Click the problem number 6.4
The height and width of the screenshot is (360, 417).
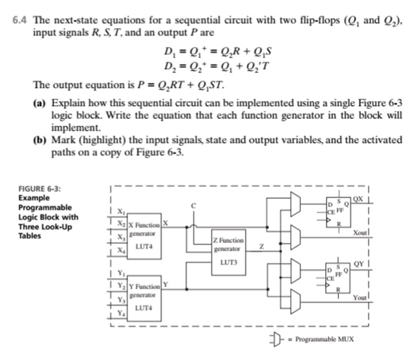pos(21,20)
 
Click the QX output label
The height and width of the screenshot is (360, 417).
pos(358,198)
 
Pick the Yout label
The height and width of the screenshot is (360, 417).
pos(360,297)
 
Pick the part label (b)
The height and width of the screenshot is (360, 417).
pos(39,140)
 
